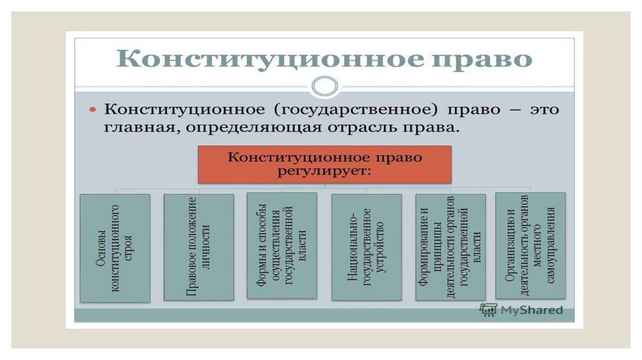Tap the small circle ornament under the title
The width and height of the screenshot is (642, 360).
point(324,86)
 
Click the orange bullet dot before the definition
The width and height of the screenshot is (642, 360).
point(92,110)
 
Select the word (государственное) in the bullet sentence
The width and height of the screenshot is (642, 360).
point(351,110)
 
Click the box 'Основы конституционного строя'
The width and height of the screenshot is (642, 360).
point(115,248)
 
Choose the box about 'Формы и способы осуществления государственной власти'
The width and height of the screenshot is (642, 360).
point(282,245)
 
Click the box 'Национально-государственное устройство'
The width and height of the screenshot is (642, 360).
point(366,246)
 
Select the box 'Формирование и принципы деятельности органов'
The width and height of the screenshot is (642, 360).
point(450,246)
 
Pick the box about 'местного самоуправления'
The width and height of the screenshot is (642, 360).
point(530,245)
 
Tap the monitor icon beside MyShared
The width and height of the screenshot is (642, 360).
point(488,309)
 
